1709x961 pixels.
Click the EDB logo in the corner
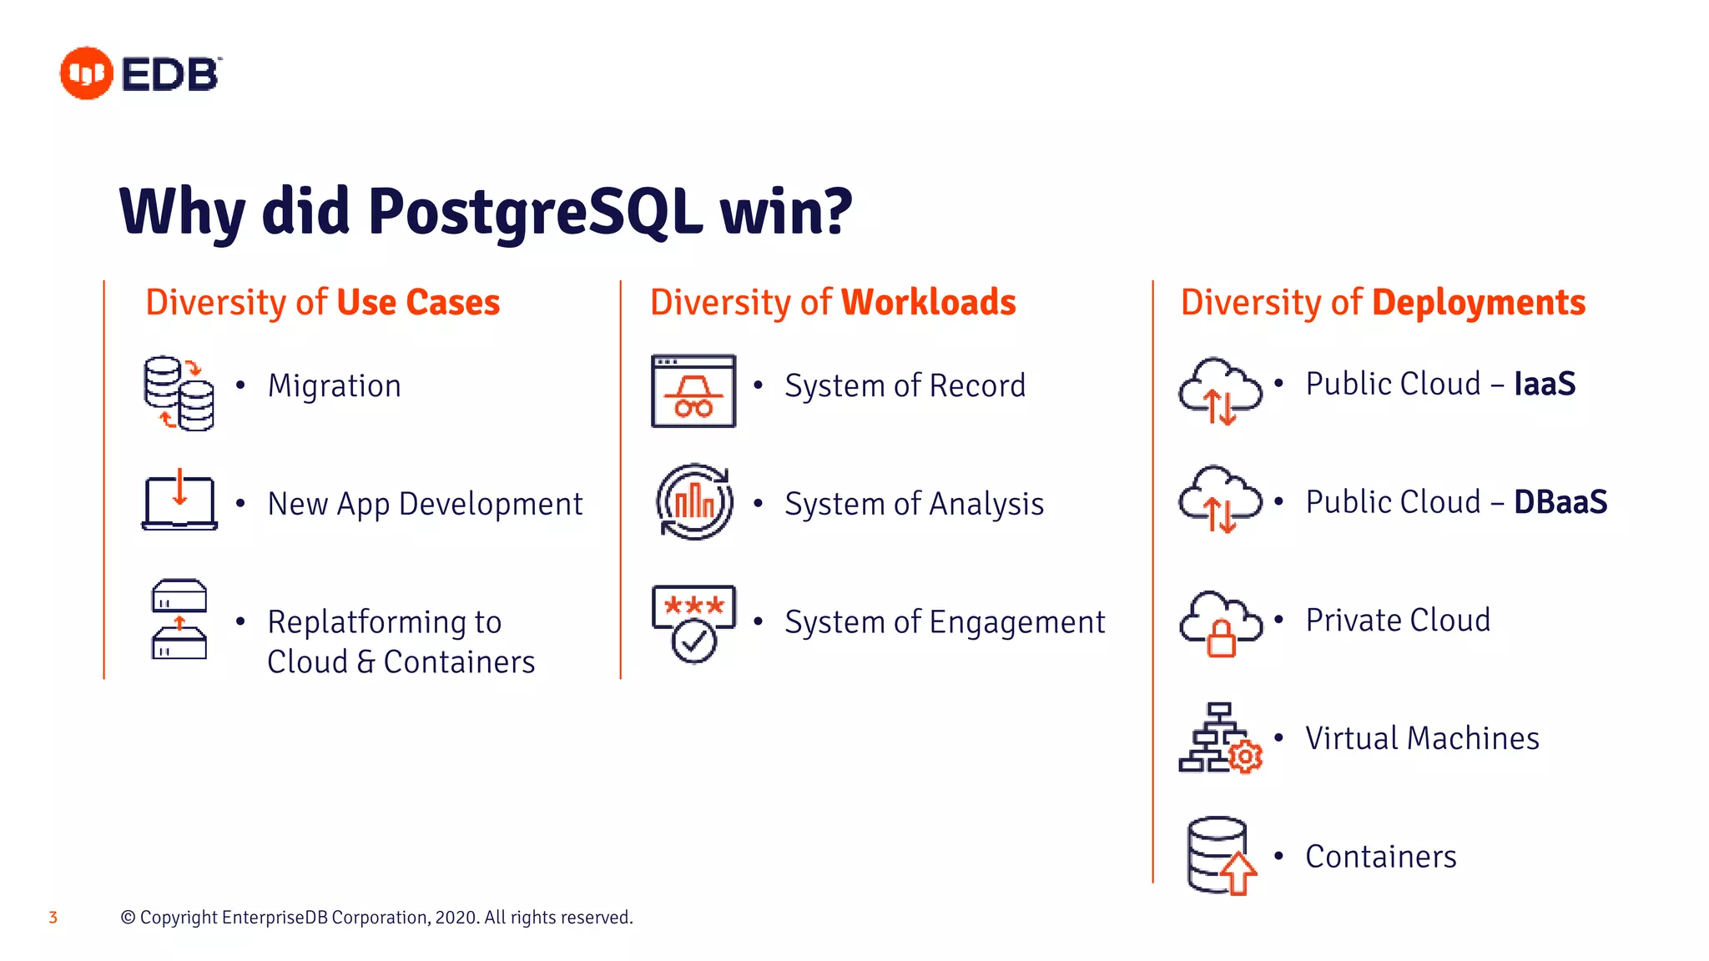[x=140, y=73]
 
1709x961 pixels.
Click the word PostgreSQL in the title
[x=534, y=212]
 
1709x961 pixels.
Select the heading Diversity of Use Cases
[x=322, y=302]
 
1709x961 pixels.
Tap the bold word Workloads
[x=928, y=302]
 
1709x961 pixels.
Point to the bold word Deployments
[x=1479, y=302]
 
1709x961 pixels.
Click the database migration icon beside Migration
[x=179, y=393]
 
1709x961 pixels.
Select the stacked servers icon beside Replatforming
[x=179, y=619]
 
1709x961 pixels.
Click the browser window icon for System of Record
[x=693, y=391]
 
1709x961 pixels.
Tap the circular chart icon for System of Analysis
[x=694, y=502]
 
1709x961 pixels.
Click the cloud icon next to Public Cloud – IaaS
[x=1220, y=391]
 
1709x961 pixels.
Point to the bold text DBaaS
[x=1560, y=502]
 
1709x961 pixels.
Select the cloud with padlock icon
[x=1220, y=624]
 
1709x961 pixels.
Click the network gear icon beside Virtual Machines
[x=1220, y=738]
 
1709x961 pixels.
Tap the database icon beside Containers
[x=1220, y=856]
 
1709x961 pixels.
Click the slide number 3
[x=53, y=918]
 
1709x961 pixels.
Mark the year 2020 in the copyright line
[x=456, y=918]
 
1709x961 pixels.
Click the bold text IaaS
[x=1545, y=384]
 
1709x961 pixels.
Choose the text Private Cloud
[x=1398, y=621]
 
